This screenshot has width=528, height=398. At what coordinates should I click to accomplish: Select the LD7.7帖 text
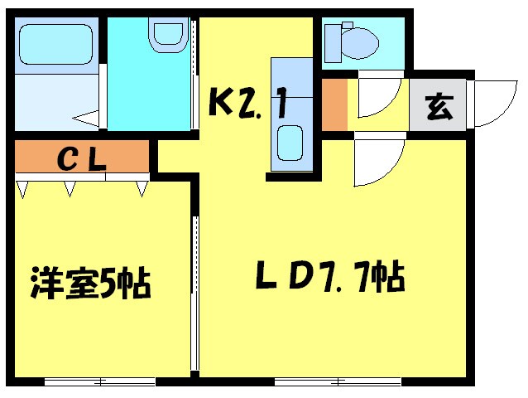(329, 276)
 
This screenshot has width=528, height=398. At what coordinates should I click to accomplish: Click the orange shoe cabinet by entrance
(334, 104)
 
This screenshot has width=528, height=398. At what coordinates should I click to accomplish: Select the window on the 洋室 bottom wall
(99, 382)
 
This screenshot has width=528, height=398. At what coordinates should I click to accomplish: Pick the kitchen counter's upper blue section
(290, 87)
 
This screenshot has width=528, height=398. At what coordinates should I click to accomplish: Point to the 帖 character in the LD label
(386, 276)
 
